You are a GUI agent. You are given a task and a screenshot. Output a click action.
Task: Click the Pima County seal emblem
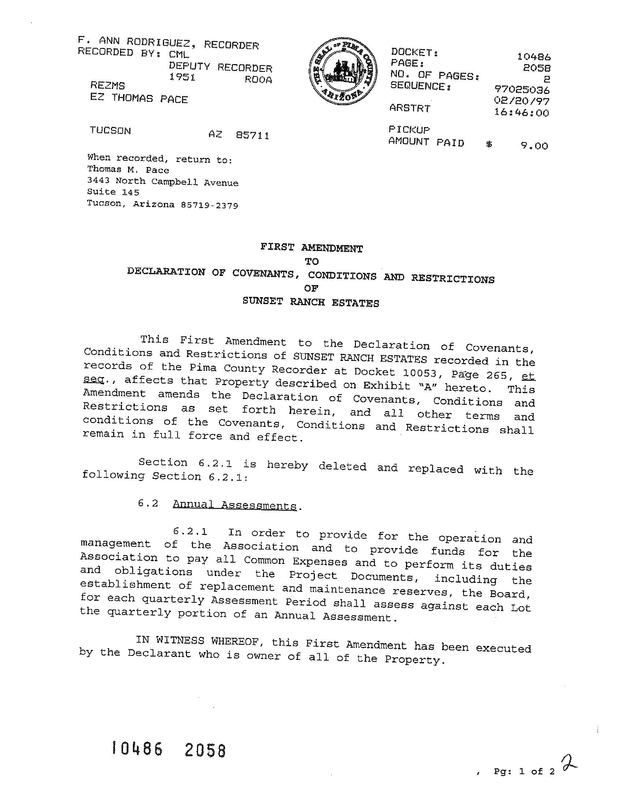click(343, 71)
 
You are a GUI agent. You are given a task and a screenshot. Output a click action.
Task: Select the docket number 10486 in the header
click(534, 56)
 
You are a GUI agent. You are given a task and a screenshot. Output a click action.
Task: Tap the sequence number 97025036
click(521, 89)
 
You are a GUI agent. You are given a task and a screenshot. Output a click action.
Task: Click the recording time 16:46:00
click(521, 112)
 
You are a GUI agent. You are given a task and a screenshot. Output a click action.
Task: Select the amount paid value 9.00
click(535, 146)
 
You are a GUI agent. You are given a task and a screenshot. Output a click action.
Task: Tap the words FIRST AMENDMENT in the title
click(311, 247)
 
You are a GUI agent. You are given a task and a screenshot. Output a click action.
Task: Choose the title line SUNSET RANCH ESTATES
click(310, 302)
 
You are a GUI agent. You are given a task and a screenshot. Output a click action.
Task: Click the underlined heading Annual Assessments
click(235, 505)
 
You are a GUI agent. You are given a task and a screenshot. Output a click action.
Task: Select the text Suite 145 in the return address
click(113, 192)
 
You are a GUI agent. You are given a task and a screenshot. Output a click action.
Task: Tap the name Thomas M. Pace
click(128, 170)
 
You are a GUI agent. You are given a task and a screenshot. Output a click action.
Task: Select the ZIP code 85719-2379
click(209, 206)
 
